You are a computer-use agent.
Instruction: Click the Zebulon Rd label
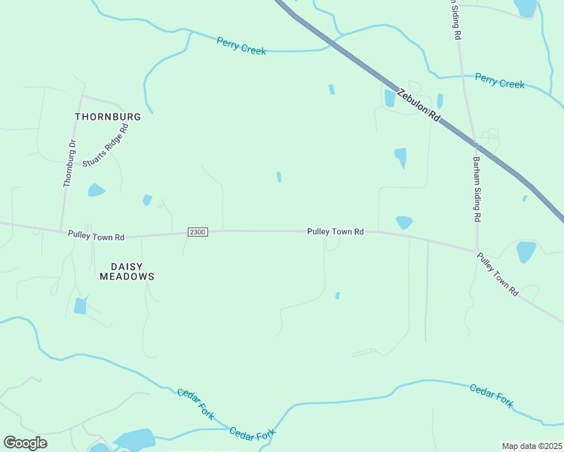point(418,105)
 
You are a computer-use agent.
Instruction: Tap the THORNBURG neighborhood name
point(108,117)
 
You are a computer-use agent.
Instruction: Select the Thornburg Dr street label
point(69,163)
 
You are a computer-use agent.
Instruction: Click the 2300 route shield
point(197,233)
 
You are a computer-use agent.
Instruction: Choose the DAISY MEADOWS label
point(127,271)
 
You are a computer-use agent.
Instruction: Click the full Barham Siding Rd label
point(477,189)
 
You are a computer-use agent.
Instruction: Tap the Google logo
point(25,443)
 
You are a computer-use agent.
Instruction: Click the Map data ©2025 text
point(532,446)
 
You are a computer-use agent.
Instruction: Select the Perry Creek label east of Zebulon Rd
point(499,81)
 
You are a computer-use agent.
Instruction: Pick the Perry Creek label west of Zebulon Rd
point(241,46)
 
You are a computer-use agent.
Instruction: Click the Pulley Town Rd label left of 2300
point(96,236)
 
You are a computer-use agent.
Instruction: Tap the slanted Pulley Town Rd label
point(498,273)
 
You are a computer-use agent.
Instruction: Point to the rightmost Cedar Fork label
point(491,395)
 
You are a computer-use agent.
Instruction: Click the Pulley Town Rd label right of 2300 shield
point(336,232)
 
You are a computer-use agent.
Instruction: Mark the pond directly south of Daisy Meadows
point(80,306)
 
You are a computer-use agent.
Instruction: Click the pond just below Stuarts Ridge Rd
point(96,190)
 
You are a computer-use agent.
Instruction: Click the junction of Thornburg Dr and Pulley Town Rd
point(61,232)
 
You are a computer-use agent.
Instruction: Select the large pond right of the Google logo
point(133,438)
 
